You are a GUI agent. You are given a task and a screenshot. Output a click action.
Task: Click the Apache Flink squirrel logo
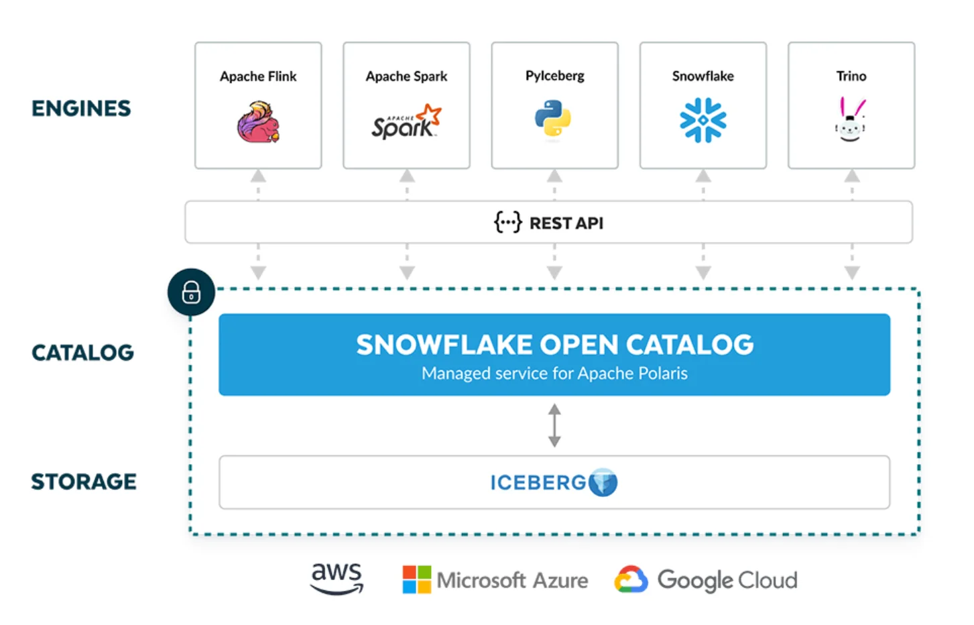pyautogui.click(x=258, y=122)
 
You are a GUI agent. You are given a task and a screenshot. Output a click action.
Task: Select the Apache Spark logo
pyautogui.click(x=406, y=122)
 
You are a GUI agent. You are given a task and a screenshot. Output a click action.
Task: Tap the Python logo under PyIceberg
pyautogui.click(x=553, y=119)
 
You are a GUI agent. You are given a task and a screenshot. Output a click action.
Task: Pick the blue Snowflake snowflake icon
pyautogui.click(x=703, y=121)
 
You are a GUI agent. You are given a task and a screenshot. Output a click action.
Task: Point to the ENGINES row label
pyautogui.click(x=81, y=109)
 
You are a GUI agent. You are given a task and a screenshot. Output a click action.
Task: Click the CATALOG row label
pyautogui.click(x=82, y=353)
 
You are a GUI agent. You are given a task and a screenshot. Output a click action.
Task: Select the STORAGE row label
pyautogui.click(x=84, y=481)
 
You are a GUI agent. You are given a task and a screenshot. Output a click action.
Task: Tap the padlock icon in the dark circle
pyautogui.click(x=191, y=292)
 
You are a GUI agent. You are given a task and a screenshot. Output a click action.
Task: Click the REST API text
pyautogui.click(x=566, y=223)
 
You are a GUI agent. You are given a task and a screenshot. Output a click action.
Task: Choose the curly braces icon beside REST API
pyautogui.click(x=507, y=222)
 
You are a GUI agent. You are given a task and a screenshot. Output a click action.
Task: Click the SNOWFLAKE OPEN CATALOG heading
pyautogui.click(x=554, y=345)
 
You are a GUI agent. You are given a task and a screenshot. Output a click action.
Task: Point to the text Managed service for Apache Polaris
pyautogui.click(x=554, y=374)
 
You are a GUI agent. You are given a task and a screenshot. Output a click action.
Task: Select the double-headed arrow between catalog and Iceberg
pyautogui.click(x=554, y=425)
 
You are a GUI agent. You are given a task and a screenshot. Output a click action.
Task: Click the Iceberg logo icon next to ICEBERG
pyautogui.click(x=603, y=482)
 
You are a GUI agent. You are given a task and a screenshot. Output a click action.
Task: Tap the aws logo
pyautogui.click(x=337, y=578)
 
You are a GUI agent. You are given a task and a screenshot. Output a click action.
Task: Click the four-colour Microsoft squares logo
pyautogui.click(x=416, y=579)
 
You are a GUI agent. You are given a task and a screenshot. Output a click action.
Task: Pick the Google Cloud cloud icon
pyautogui.click(x=631, y=579)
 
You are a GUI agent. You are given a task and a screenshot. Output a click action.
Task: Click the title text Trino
pyautogui.click(x=851, y=76)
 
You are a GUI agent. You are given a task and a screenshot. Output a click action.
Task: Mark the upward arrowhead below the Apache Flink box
pyautogui.click(x=258, y=176)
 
